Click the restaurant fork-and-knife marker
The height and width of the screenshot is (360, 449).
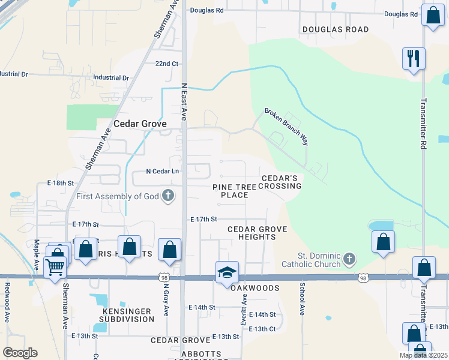tap(414, 59)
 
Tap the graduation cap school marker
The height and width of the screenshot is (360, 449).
tap(228, 272)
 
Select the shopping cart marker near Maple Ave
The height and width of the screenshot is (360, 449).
tap(55, 266)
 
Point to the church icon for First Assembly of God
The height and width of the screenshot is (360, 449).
tap(169, 196)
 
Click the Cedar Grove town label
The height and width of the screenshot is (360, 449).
tap(140, 124)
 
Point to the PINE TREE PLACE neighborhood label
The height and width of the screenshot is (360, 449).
tap(234, 191)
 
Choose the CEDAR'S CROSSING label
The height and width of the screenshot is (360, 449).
tap(281, 182)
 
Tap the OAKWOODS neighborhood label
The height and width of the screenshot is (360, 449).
tap(255, 288)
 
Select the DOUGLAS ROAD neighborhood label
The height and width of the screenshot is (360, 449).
tap(336, 29)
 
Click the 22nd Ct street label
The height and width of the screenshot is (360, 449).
tap(167, 64)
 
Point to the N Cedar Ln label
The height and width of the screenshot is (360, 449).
tap(163, 171)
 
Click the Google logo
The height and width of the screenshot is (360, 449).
tap(20, 353)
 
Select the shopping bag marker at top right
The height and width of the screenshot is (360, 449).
tap(432, 16)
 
